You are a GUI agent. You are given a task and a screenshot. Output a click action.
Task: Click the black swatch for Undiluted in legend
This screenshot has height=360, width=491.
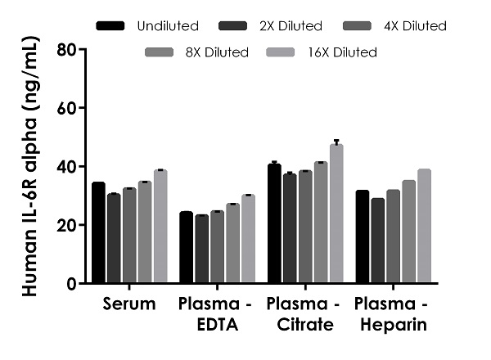tap(110, 26)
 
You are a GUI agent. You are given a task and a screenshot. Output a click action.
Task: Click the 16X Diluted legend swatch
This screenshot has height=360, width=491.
tap(279, 52)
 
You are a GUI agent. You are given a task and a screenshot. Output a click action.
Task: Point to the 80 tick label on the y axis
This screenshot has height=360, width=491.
tap(65, 49)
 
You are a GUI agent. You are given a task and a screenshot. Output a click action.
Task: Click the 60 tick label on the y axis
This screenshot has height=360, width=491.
tap(65, 108)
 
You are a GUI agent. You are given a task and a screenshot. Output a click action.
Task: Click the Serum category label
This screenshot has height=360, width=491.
tap(129, 305)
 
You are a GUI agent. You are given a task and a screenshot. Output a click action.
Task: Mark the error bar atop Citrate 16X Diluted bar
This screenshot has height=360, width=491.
tap(336, 142)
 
